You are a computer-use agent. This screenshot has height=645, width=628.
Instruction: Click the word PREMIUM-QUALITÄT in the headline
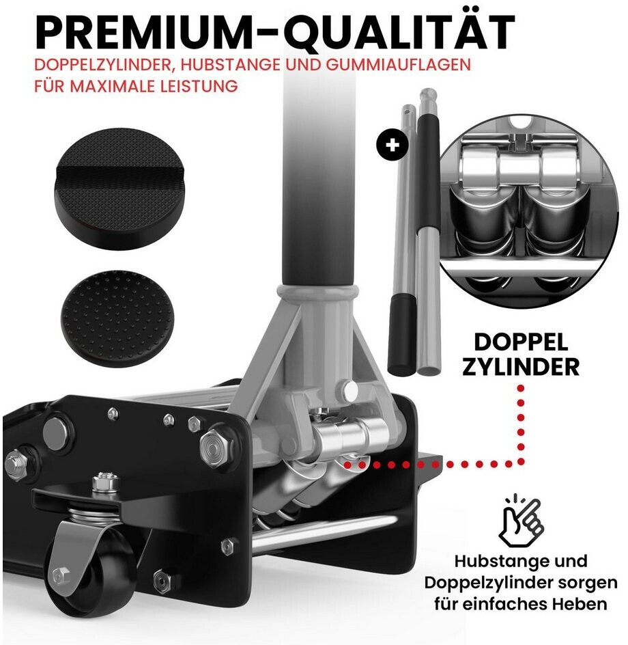pyautogui.click(x=275, y=31)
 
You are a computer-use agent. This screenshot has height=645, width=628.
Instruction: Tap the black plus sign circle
pyautogui.click(x=392, y=145)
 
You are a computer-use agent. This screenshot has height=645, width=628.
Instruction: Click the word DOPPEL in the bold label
pyautogui.click(x=521, y=342)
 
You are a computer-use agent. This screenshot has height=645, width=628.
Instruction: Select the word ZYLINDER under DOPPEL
pyautogui.click(x=521, y=367)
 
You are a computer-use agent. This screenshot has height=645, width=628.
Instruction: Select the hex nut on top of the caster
pyautogui.click(x=106, y=482)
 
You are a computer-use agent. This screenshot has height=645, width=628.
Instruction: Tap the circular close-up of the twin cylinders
pyautogui.click(x=529, y=210)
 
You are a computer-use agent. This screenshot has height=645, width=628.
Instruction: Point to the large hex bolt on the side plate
pyautogui.click(x=216, y=447)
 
